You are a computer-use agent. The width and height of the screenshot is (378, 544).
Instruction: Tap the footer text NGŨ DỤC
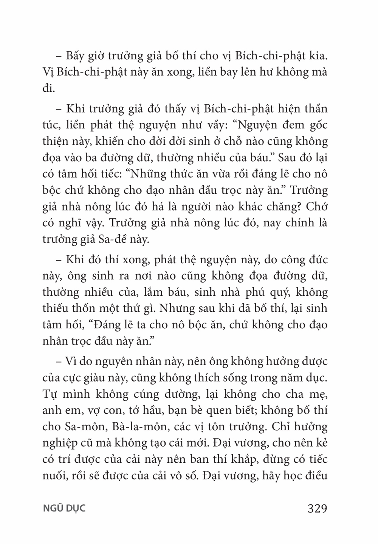coord(65,508)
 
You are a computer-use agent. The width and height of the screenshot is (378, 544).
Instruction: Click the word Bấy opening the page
coord(76,57)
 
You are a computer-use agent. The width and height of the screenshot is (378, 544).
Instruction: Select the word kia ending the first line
coord(318,57)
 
